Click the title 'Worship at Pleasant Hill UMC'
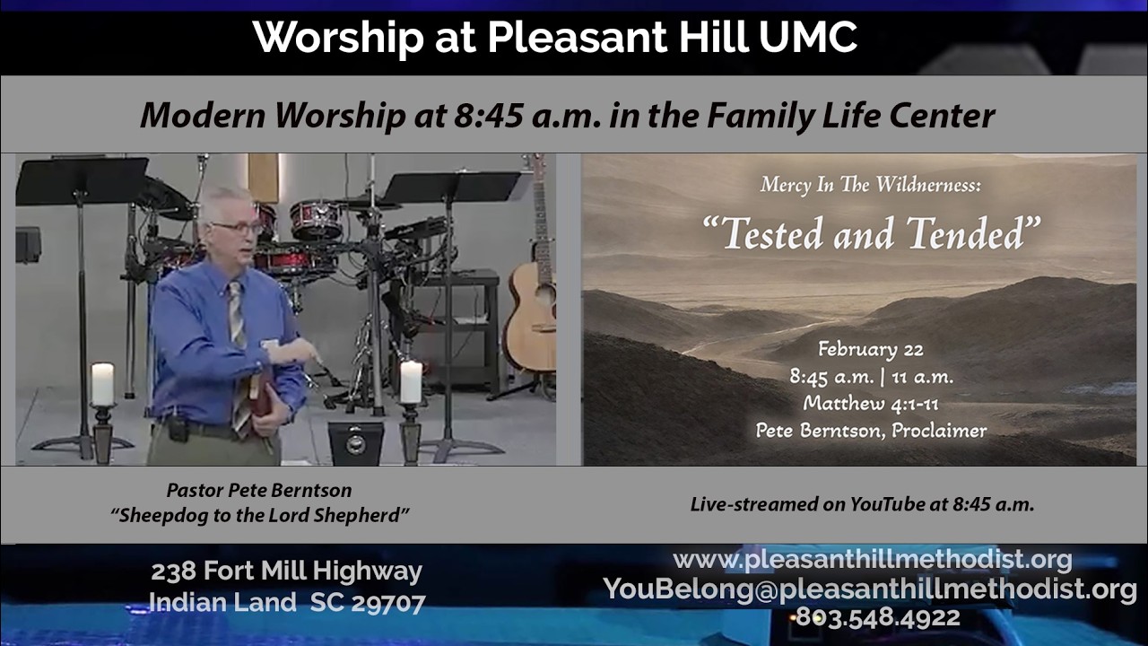pos(554,38)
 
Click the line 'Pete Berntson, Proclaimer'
pos(871,431)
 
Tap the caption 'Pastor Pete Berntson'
pos(259,491)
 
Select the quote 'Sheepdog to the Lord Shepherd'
pos(260,516)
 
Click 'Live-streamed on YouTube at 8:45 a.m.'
pos(862,504)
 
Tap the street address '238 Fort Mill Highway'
pos(286,572)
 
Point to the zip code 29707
pos(387,603)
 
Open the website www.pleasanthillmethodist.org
pos(872,560)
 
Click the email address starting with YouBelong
pos(870,589)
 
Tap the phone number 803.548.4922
pos(877,617)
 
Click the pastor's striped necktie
pos(238,341)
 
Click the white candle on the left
pos(102,384)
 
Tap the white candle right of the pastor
pos(411,381)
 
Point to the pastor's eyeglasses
pos(236,228)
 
